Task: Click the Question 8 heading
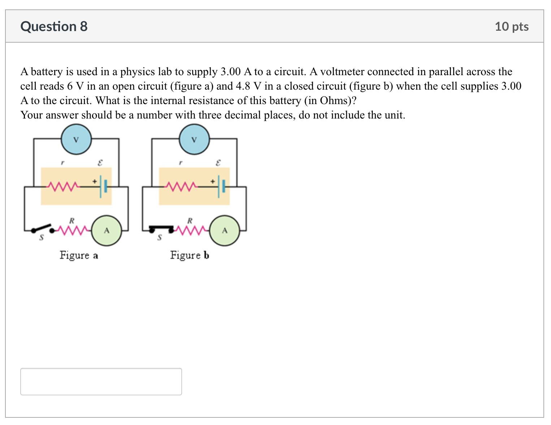54,26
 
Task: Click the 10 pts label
511,26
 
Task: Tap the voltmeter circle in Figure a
76,139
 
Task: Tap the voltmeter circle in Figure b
194,139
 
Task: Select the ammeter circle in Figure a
107,230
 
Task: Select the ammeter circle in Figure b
225,230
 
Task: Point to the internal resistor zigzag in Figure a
64,186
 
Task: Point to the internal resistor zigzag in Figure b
181,186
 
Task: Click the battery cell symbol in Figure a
103,186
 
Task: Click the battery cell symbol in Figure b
221,186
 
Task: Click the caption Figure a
79,255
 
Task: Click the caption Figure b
190,255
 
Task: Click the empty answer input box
101,381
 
